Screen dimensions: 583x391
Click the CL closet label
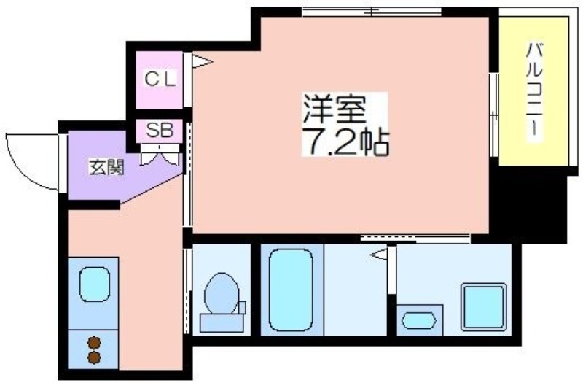[160, 79]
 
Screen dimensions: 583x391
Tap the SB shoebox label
[160, 130]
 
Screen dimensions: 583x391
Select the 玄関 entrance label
[106, 168]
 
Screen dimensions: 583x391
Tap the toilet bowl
[222, 294]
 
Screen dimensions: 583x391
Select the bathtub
[291, 290]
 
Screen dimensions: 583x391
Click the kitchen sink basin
[95, 284]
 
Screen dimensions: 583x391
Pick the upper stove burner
[95, 343]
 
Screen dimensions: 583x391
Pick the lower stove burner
[95, 357]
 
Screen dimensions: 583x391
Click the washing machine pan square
[484, 307]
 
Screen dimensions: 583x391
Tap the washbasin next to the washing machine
[418, 321]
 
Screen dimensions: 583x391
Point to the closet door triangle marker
[202, 61]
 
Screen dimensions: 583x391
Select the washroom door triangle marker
[378, 255]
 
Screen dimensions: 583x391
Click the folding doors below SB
[160, 155]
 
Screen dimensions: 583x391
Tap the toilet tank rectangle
[222, 323]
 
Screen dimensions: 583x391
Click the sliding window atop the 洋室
[372, 12]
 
